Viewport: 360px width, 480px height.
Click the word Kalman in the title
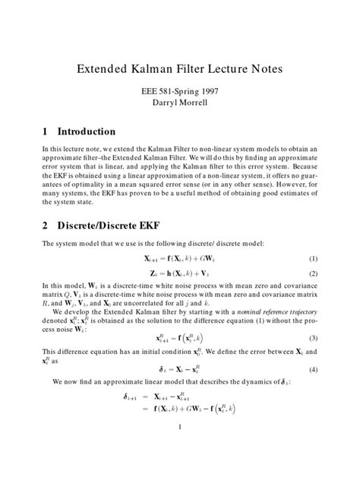[x=155, y=69]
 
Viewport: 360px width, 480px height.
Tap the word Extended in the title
[x=103, y=69]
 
